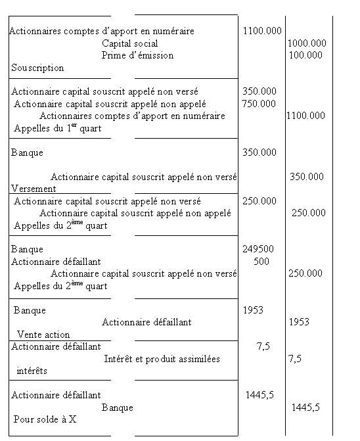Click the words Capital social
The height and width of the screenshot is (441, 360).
131,43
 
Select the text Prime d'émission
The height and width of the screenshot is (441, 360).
137,55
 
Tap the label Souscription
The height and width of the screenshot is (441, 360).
37,68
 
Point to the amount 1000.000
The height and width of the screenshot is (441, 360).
307,43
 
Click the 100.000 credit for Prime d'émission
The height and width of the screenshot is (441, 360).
306,55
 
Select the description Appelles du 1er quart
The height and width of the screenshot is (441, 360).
57,128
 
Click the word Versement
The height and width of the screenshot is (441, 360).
34,189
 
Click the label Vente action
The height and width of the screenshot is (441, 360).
43,335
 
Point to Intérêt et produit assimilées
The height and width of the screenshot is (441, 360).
162,359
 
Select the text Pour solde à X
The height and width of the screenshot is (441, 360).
45,419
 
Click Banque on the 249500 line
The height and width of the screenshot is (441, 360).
27,249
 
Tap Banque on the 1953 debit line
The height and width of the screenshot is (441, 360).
30,310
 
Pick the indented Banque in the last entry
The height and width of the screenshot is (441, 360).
117,407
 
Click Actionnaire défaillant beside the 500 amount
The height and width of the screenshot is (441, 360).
56,261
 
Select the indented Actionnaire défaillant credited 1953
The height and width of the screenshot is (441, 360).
146,322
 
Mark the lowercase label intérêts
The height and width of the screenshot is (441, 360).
32,371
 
